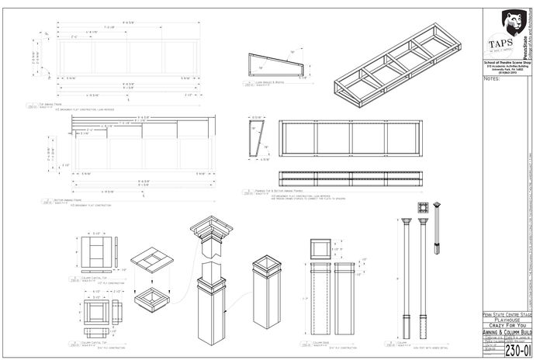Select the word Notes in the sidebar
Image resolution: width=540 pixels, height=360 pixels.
(492, 78)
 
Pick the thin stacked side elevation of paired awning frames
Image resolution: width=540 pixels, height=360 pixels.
(352, 176)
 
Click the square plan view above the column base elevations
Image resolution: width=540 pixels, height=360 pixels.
(321, 249)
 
